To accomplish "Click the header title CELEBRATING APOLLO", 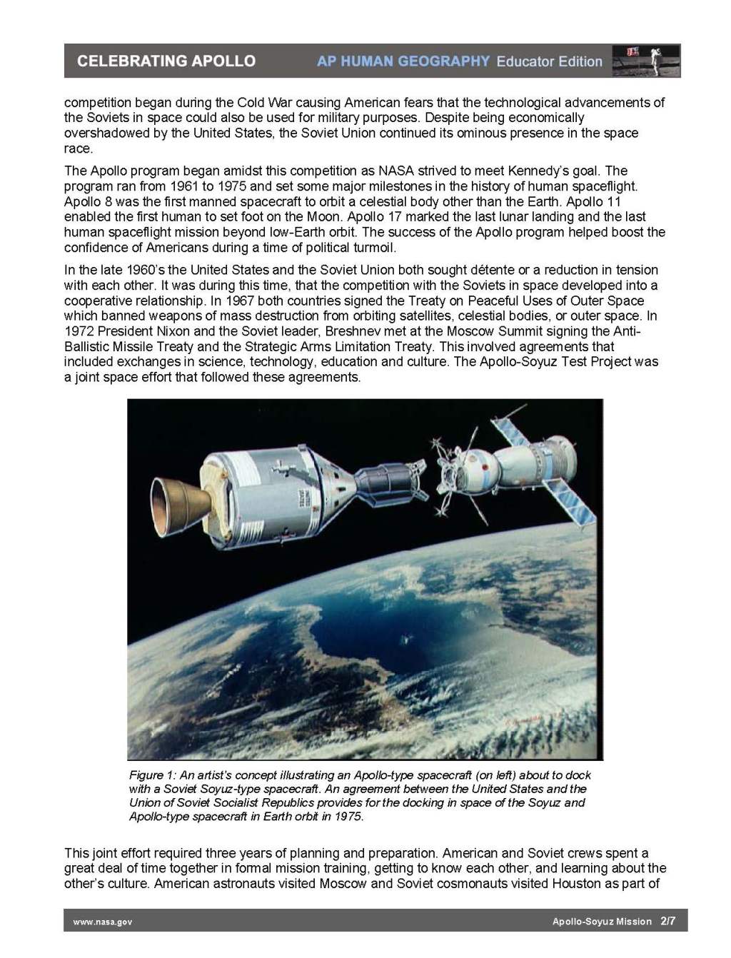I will [166, 61].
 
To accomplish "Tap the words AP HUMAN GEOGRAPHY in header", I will [403, 61].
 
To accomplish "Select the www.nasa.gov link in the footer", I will [103, 922].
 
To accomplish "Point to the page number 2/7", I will [668, 921].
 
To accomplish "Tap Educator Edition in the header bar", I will [550, 61].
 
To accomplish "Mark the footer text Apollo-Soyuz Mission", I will [602, 922].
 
